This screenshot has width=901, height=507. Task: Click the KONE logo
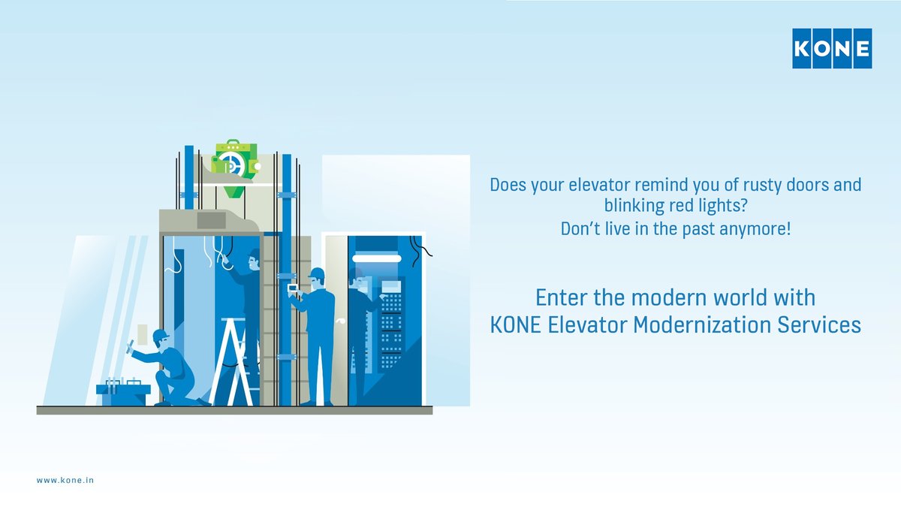tap(832, 49)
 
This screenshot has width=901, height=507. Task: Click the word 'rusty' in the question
tap(740, 185)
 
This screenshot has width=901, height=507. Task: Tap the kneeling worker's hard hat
tap(160, 334)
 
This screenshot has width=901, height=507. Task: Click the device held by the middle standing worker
tap(292, 288)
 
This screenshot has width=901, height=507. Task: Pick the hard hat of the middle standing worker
tap(317, 273)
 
